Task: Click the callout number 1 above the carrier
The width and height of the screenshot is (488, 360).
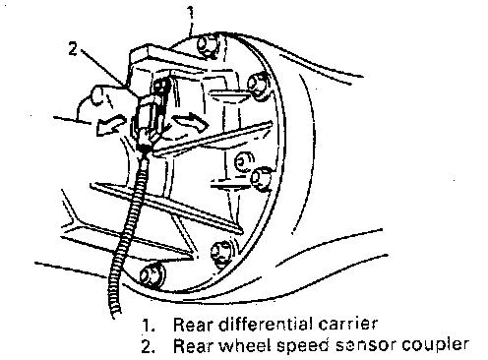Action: coord(190,13)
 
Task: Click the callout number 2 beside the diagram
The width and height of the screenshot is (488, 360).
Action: coord(73,49)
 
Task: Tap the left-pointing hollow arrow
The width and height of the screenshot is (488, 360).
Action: coord(111,125)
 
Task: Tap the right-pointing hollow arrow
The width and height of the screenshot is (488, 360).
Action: coord(191,123)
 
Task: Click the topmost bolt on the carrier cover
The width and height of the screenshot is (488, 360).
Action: coord(207,46)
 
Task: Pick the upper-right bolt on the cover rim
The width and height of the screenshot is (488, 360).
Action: coord(258,85)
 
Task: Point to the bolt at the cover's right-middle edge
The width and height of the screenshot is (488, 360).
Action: coord(262,179)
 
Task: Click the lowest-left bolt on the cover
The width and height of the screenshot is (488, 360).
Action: coord(151,274)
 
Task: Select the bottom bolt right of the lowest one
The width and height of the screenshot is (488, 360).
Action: coord(221,253)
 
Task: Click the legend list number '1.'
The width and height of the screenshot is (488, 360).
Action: coord(149,326)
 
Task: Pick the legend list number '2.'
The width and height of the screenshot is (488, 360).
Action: coord(149,346)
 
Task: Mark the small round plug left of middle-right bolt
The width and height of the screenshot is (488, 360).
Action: coord(243,162)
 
